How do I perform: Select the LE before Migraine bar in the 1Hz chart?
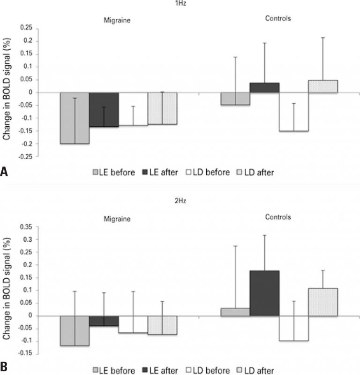coord(75,118)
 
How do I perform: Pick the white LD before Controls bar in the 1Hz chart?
coord(293,112)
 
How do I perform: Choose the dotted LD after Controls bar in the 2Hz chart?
coord(323,301)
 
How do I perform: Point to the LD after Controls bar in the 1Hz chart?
coord(323,86)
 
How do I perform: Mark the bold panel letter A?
coord(4,172)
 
